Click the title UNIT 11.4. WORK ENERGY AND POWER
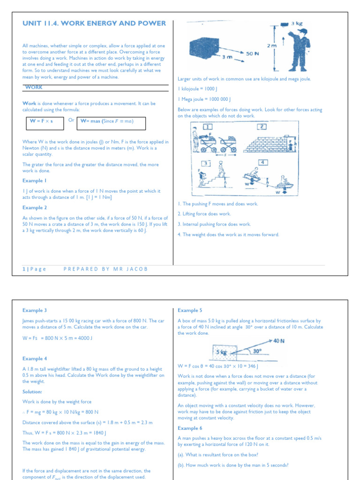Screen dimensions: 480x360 (94, 23)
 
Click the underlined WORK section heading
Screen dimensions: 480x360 (34, 87)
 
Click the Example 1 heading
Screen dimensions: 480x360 (35, 180)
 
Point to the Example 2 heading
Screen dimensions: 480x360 (35, 208)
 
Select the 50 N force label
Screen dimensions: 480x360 (253, 54)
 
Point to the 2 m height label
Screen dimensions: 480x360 (271, 46)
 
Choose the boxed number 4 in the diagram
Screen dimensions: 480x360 (263, 162)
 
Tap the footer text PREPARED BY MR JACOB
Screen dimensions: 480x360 (105, 269)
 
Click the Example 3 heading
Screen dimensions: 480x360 (35, 310)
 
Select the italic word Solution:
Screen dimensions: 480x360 (32, 391)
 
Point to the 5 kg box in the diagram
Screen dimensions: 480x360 (221, 352)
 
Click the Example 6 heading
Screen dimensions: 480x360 (190, 428)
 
